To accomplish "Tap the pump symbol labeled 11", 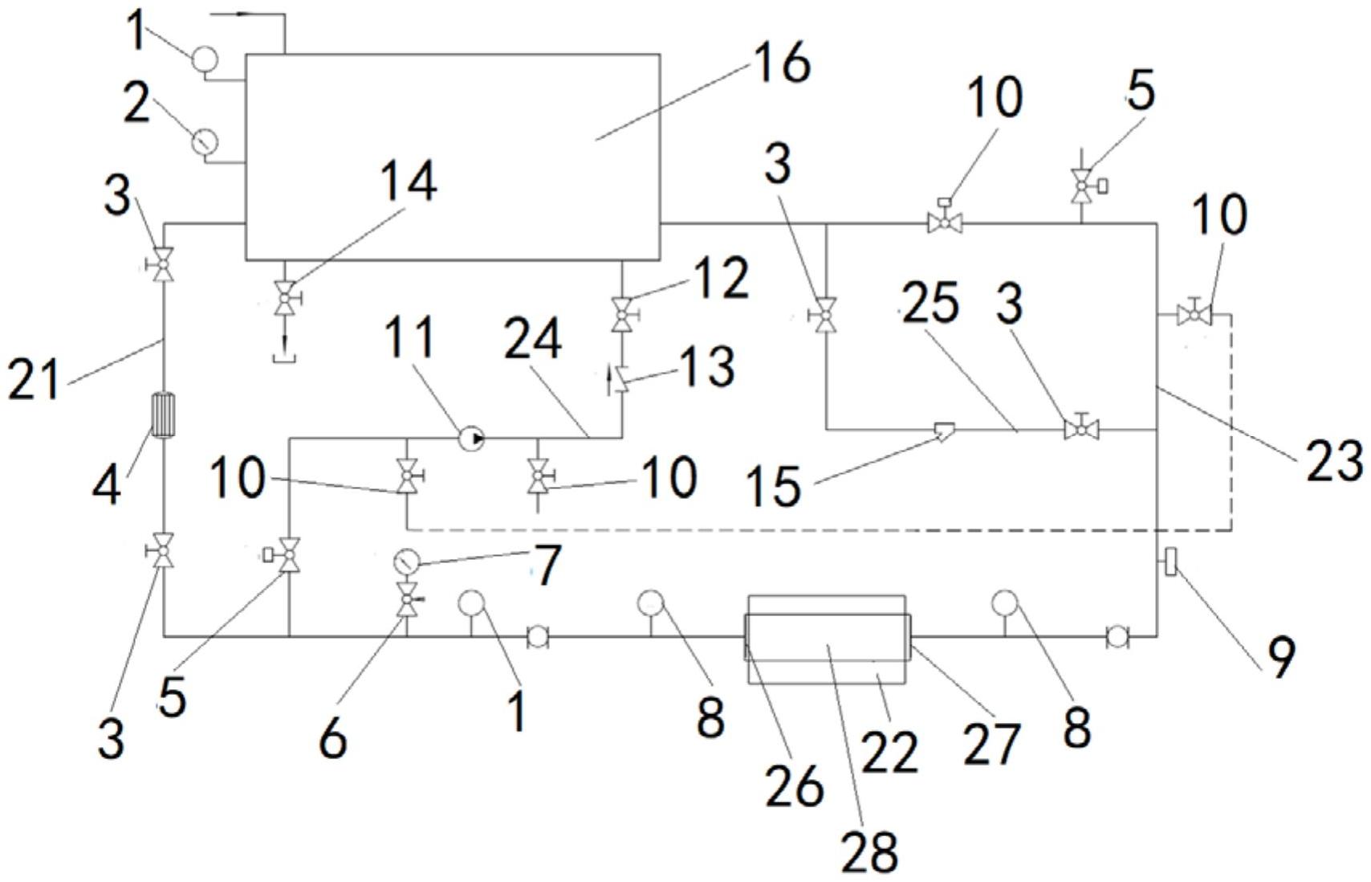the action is pos(471,438).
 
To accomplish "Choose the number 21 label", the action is pos(34,379).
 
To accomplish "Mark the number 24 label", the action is pos(533,341).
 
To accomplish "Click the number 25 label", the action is pos(930,305).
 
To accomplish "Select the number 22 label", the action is pos(889,752).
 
